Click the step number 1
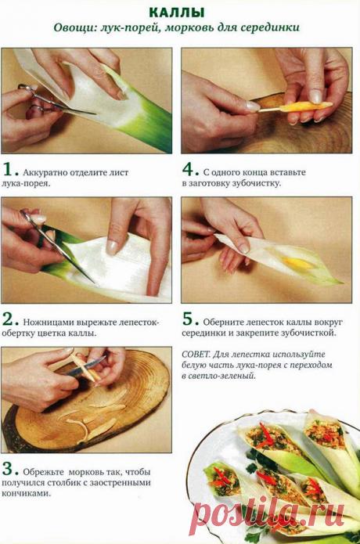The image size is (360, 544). pyautogui.click(x=9, y=169)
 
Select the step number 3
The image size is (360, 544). pyautogui.click(x=9, y=470)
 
